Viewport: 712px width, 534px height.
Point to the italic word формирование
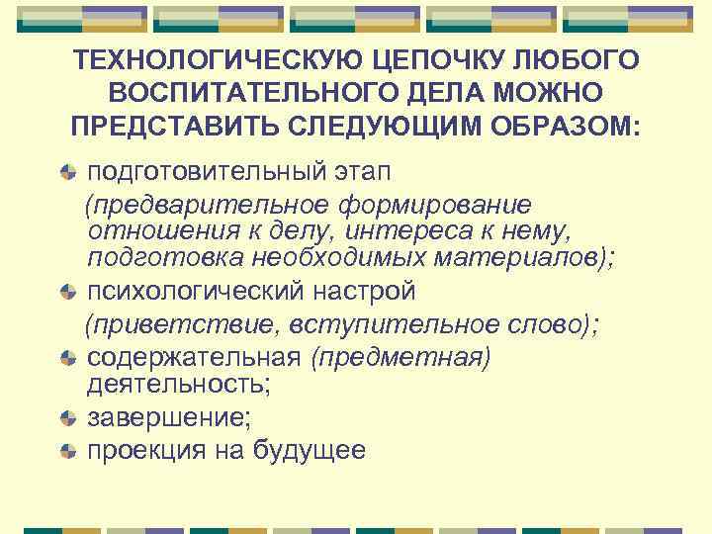437,204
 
